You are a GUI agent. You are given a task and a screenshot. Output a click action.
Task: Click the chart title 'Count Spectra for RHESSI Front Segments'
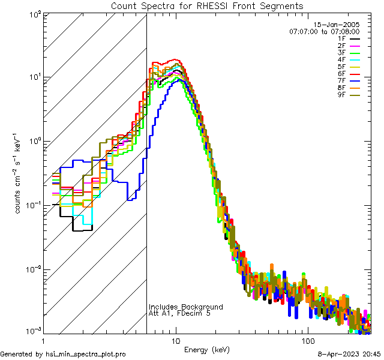tap(207, 5)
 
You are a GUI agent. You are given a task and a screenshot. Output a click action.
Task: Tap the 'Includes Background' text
tap(185, 307)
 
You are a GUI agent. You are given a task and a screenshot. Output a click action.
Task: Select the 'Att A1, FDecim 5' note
tap(179, 314)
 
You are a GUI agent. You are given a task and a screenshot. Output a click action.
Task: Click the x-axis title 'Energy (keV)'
tap(207, 350)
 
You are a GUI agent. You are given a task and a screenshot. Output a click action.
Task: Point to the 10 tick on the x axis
tap(175, 340)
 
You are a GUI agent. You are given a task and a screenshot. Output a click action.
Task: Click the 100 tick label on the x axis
tap(307, 340)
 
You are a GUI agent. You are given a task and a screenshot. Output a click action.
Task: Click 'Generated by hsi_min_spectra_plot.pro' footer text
tap(63, 355)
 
